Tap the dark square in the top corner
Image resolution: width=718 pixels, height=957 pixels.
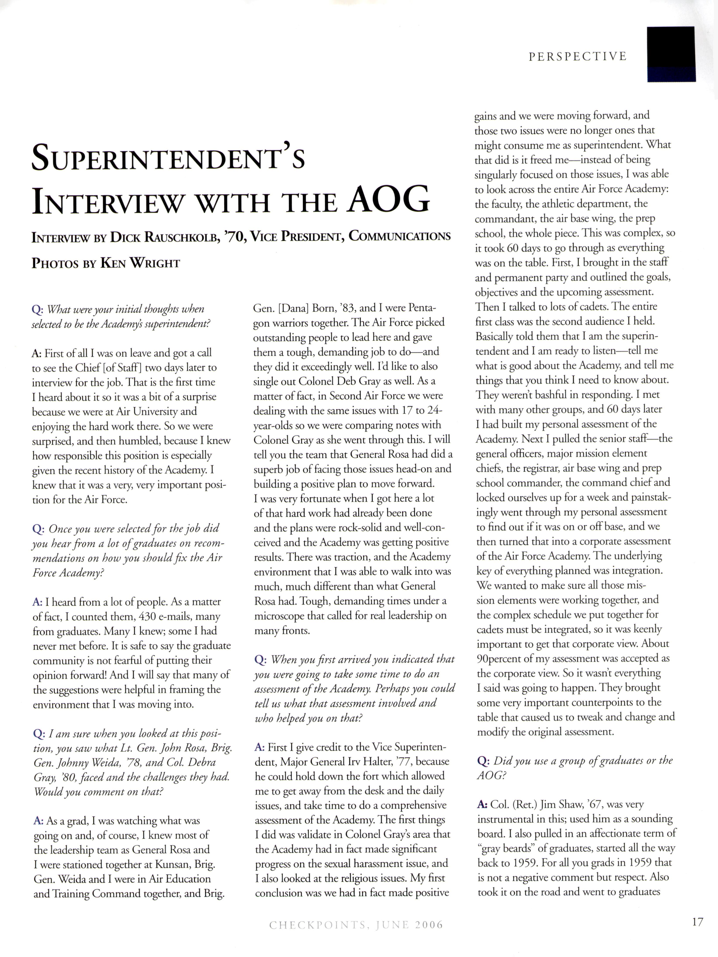tap(671, 54)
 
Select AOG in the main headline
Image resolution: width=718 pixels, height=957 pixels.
tap(389, 200)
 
